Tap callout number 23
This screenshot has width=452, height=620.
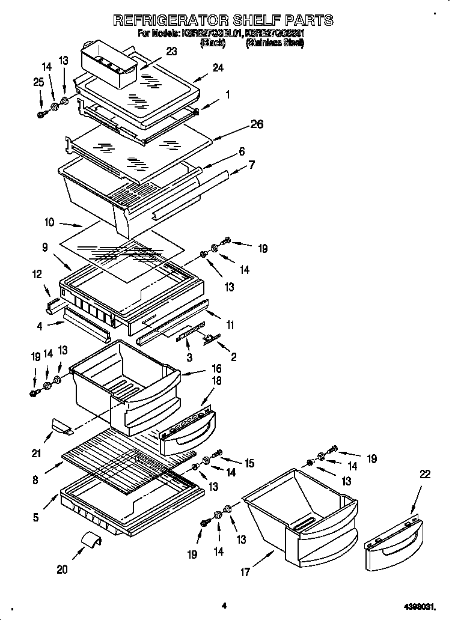tap(171, 52)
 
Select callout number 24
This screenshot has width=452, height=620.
tap(218, 68)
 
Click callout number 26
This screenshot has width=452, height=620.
tap(257, 125)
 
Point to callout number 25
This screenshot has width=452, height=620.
tap(39, 82)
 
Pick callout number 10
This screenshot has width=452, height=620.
tap(49, 222)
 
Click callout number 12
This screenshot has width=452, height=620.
tap(37, 275)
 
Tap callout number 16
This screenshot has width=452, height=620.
tap(216, 368)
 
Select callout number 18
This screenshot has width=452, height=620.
tap(216, 381)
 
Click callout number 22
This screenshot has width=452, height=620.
tap(425, 474)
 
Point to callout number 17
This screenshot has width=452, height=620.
tap(245, 573)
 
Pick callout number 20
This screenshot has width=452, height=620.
tap(63, 570)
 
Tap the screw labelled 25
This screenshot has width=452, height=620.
tap(41, 113)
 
